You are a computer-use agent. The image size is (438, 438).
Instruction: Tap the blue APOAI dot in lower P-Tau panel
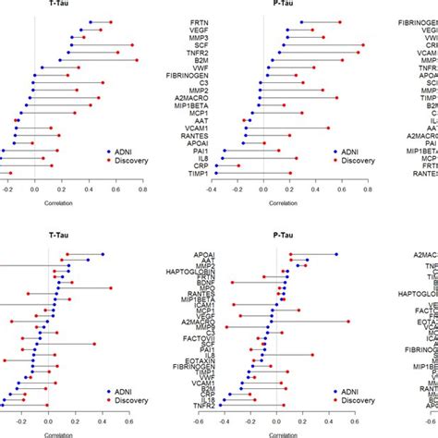pyautogui.click(x=336, y=254)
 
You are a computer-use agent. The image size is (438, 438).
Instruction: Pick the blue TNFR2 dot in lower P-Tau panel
pyautogui.click(x=220, y=405)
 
